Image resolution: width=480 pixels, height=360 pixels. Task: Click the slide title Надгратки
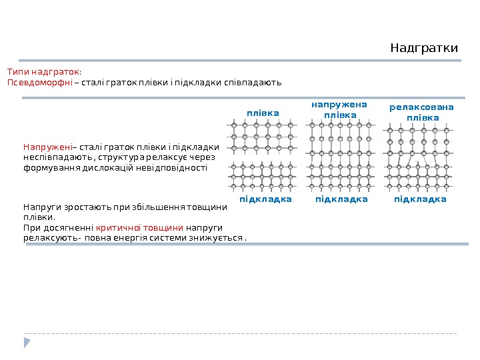424,49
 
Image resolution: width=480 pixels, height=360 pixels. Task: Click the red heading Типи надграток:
44,71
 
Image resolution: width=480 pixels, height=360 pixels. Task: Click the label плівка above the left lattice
263,113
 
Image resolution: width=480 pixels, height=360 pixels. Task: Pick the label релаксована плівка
421,112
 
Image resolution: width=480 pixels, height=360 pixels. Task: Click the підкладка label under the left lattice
266,199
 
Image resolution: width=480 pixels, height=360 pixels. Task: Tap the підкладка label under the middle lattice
341,199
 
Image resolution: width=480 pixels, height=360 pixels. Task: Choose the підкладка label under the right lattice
420,199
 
